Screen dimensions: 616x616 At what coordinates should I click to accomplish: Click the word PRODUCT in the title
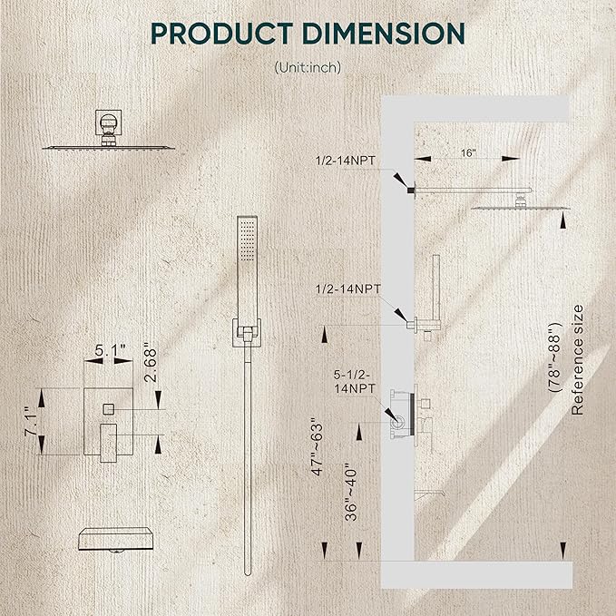[222, 34]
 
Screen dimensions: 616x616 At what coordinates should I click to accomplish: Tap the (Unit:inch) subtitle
[308, 67]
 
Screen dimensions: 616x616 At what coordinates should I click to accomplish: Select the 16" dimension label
[468, 152]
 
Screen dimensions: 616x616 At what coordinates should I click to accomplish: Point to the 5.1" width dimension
[110, 349]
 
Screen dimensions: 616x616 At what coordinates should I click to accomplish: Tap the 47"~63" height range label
[317, 446]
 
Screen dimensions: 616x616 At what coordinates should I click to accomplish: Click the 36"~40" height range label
[351, 494]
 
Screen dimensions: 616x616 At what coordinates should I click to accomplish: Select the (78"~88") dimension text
[555, 357]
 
